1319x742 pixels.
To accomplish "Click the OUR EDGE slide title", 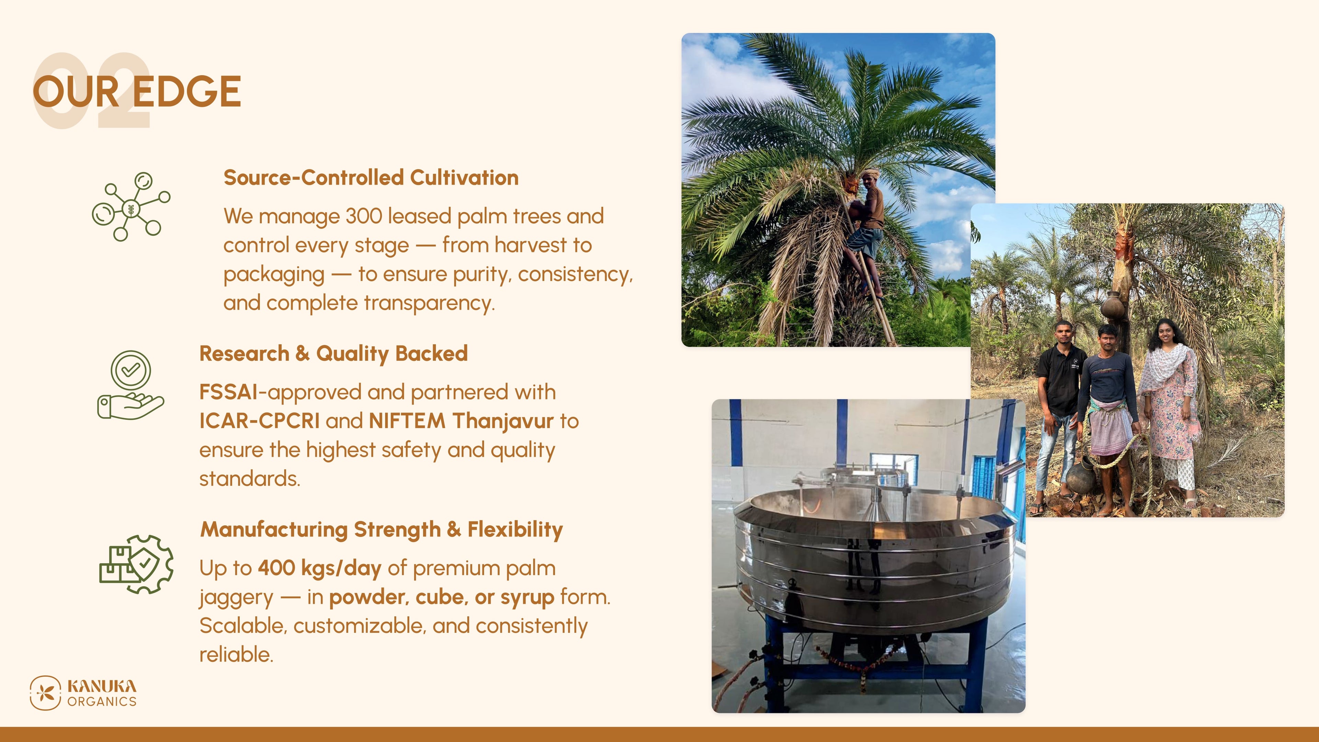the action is pos(137,92).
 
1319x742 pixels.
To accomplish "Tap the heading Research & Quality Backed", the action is pos(333,354).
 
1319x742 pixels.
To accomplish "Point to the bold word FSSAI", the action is pos(229,392).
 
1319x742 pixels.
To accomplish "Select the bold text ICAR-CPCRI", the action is pos(260,421).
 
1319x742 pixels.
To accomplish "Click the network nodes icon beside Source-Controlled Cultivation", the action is pos(131,206).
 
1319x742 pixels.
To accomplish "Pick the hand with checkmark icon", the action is pos(131,385).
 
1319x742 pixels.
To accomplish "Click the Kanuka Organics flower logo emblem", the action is pos(45,693).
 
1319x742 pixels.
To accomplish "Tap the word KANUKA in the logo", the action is pos(102,686).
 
